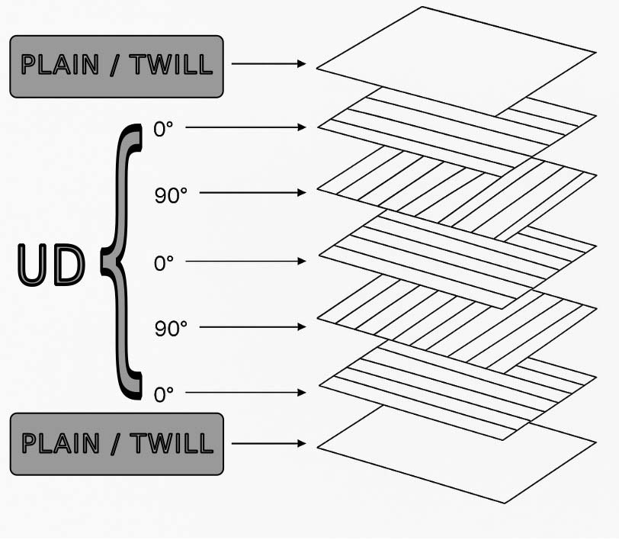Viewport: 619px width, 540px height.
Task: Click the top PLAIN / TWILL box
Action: click(116, 66)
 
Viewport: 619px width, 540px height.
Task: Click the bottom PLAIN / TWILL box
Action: click(116, 444)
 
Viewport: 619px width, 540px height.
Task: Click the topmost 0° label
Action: click(164, 128)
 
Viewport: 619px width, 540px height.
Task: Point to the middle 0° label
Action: click(164, 263)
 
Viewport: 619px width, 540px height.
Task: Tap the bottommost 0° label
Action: click(164, 394)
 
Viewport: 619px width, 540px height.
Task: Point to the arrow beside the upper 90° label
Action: click(252, 193)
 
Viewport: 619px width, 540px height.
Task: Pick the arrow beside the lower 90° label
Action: click(252, 327)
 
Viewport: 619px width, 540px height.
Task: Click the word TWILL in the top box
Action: click(170, 66)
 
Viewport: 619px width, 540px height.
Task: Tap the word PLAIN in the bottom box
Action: click(60, 443)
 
